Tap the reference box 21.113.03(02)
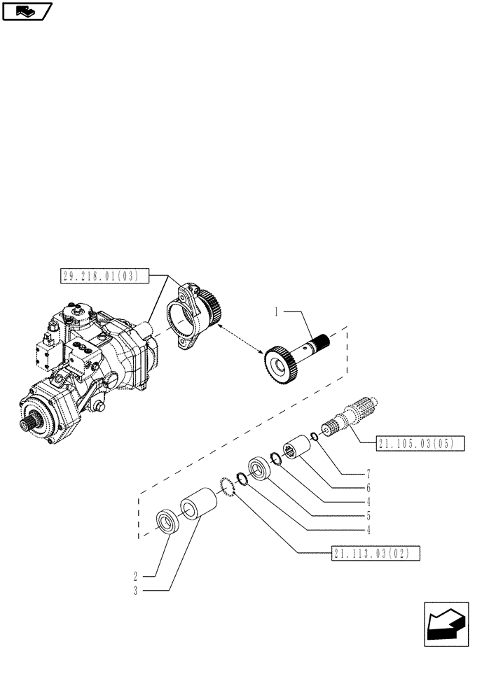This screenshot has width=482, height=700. pyautogui.click(x=376, y=554)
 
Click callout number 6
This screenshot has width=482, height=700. pyautogui.click(x=367, y=487)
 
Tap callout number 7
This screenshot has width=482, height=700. pyautogui.click(x=367, y=474)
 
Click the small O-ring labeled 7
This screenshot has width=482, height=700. pyautogui.click(x=315, y=437)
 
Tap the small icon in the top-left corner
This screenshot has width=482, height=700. pyautogui.click(x=27, y=10)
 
